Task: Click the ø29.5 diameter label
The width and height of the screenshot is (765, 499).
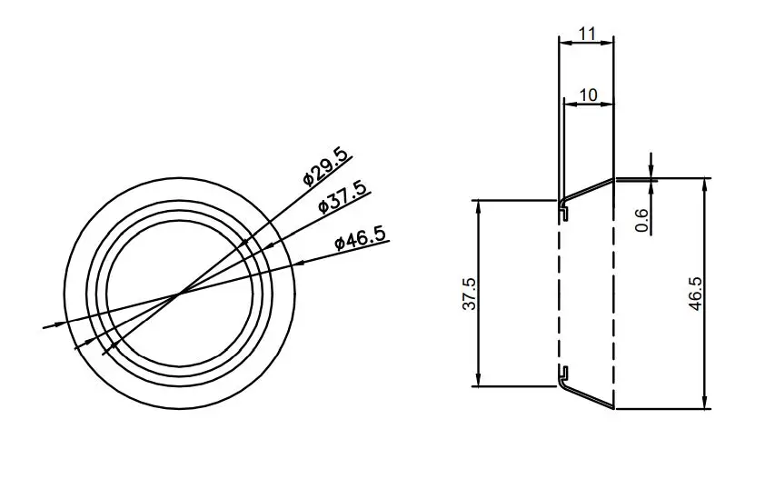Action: tap(325, 166)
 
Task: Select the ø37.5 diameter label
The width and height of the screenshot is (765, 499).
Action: tap(343, 196)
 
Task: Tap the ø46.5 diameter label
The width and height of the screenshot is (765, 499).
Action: tap(360, 238)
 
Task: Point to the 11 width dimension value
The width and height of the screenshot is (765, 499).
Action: tap(586, 34)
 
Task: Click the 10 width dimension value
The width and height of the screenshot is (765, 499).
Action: tap(588, 95)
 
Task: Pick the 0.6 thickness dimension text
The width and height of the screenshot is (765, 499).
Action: tap(642, 220)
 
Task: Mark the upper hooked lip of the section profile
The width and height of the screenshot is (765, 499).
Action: tap(564, 211)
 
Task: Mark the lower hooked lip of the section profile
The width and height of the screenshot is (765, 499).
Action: tap(564, 373)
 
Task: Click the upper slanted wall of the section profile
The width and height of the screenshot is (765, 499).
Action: tap(588, 190)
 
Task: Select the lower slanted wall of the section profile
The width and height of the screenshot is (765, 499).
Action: tap(588, 396)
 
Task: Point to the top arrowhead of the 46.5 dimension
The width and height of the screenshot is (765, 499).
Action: tap(705, 185)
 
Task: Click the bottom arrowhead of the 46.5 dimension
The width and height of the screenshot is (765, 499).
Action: tap(705, 403)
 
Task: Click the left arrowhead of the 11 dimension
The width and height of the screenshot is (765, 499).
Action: tap(562, 41)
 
